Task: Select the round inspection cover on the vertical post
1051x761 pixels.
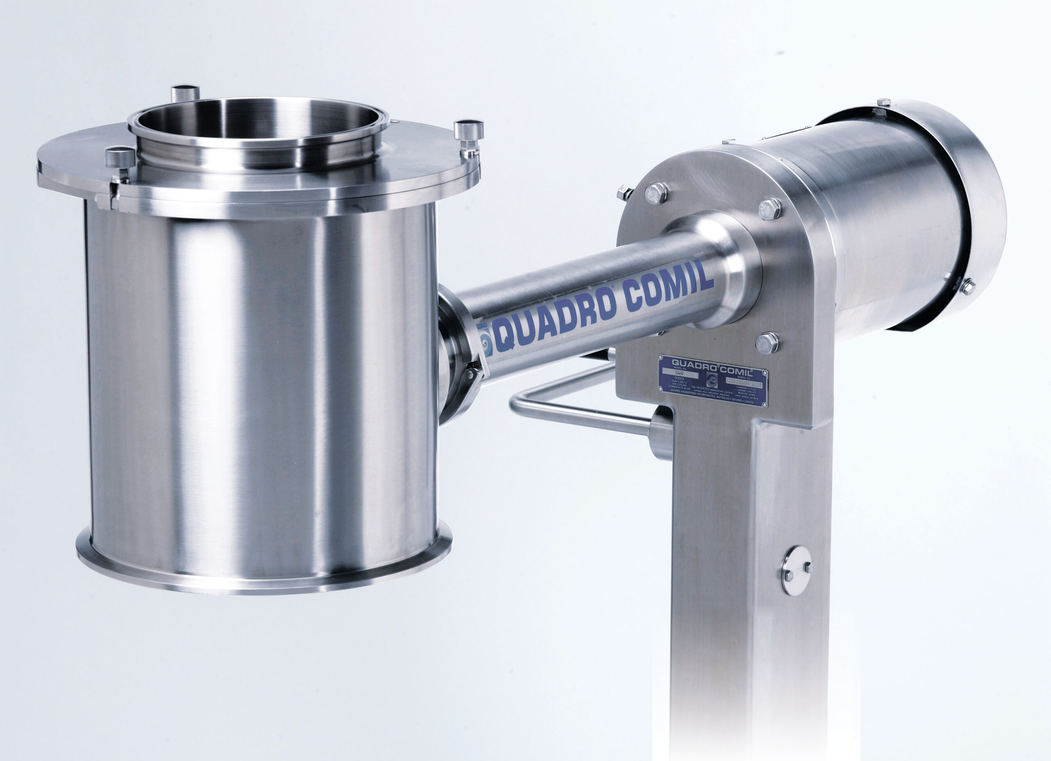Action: [x=795, y=570]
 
